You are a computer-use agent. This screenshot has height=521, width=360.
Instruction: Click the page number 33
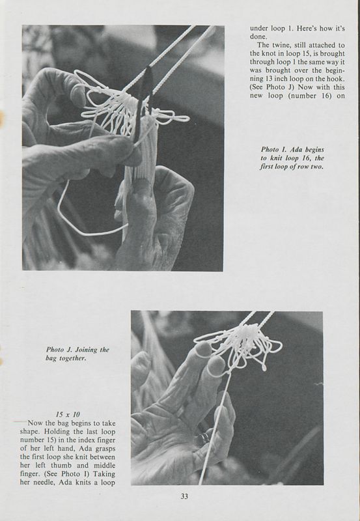pyautogui.click(x=184, y=496)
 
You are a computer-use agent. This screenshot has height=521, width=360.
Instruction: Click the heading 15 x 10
pyautogui.click(x=68, y=414)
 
